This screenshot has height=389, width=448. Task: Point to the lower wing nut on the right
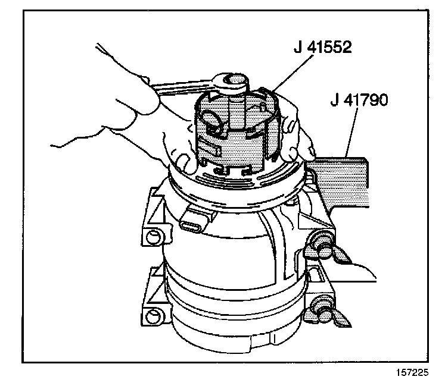[x=325, y=309]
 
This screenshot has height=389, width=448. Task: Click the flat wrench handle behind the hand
[x=173, y=89]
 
